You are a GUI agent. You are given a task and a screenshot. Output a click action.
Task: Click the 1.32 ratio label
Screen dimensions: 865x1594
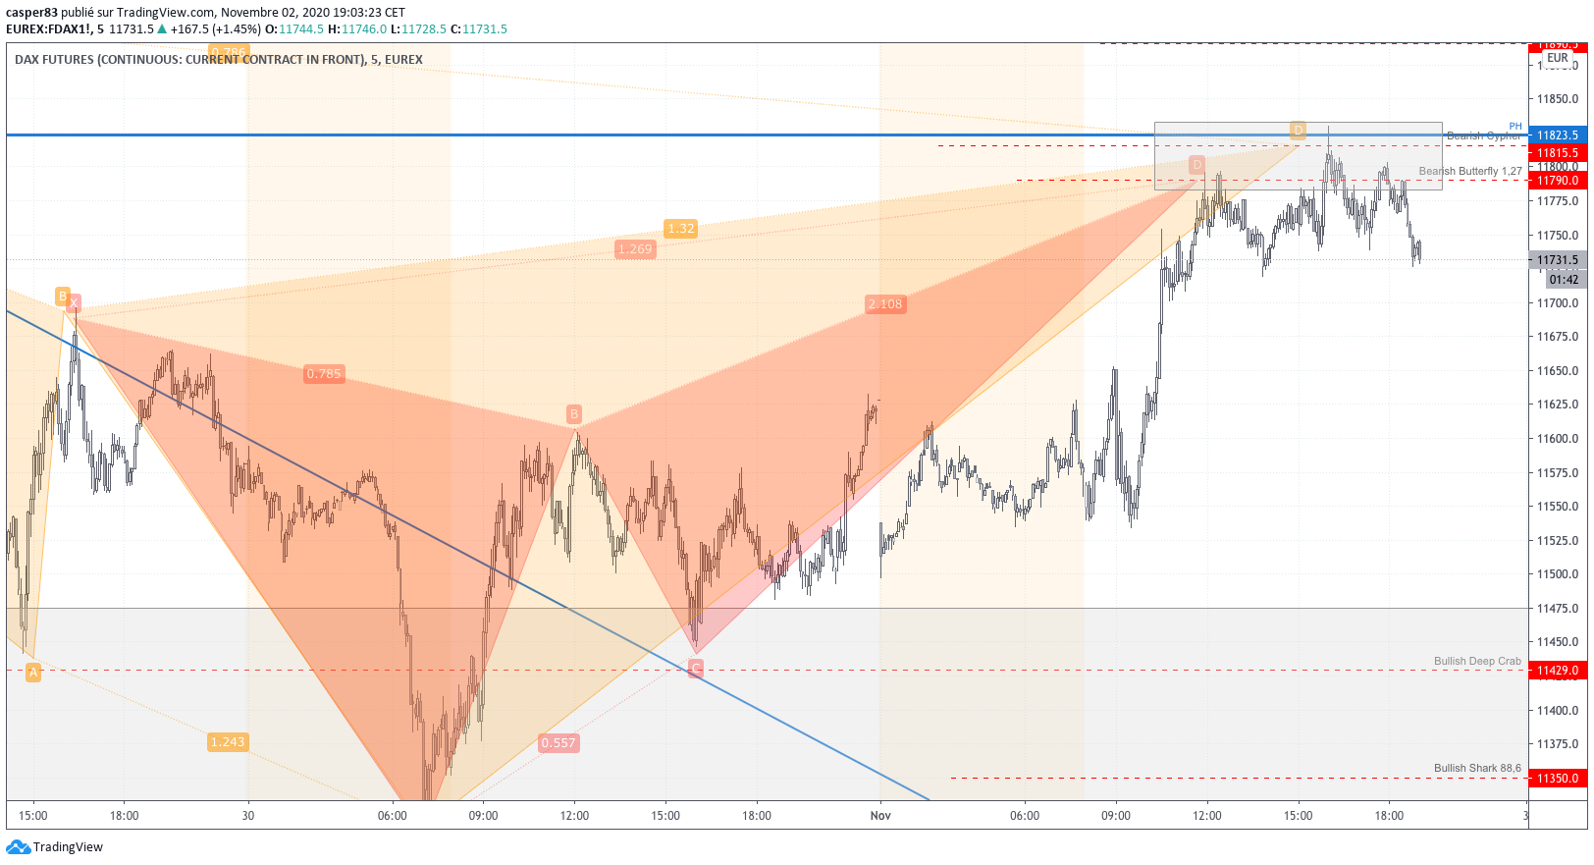point(680,229)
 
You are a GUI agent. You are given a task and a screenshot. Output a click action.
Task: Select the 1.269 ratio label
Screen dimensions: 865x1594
point(635,249)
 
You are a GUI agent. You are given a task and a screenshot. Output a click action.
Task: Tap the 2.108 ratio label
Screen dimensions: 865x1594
point(884,304)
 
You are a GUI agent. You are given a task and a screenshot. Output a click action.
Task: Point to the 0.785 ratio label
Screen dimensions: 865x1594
point(324,374)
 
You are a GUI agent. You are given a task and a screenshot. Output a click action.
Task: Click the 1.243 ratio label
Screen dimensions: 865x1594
point(227,742)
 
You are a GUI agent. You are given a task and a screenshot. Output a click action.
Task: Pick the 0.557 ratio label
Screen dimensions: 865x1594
point(558,743)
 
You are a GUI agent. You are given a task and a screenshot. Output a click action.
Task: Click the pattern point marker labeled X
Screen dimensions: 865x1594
point(74,302)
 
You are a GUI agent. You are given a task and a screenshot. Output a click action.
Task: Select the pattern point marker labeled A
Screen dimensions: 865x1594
point(33,673)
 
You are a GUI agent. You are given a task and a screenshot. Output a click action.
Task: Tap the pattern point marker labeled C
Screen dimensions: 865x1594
point(696,669)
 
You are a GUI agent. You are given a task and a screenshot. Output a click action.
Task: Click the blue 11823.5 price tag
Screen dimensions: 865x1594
point(1557,135)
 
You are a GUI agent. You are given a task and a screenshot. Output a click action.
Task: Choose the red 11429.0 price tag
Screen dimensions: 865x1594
point(1557,671)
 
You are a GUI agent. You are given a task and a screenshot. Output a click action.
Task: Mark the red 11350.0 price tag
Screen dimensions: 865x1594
point(1557,779)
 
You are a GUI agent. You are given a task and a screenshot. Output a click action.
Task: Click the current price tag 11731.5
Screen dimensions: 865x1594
point(1557,260)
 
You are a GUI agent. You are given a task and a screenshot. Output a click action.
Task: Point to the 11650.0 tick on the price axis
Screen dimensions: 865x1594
point(1557,371)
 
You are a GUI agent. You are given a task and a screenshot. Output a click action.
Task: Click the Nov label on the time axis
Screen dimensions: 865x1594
point(880,816)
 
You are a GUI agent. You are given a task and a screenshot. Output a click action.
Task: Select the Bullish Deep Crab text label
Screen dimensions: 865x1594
point(1476,662)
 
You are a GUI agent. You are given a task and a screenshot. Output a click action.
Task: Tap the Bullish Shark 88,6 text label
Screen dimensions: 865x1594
point(1476,769)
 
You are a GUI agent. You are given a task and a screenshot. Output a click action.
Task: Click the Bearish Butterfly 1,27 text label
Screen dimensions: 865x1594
point(1469,172)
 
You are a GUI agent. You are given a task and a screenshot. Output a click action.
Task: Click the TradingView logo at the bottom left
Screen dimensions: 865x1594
point(55,847)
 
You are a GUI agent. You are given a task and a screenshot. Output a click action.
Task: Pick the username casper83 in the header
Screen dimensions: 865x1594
point(31,13)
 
